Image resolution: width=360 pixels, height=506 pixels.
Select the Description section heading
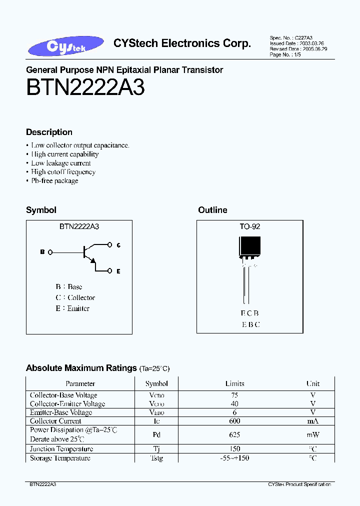click(49, 132)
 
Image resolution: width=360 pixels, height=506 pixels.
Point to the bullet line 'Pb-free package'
click(54, 181)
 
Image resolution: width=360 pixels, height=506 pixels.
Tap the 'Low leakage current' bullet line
click(61, 163)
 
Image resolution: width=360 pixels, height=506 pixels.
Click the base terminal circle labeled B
click(50, 252)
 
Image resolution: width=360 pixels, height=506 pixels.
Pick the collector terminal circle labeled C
click(110, 245)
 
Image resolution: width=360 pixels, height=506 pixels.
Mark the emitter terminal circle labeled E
click(110, 271)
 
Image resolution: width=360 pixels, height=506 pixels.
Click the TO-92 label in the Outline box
click(249, 226)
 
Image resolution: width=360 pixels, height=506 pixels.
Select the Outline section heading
click(212, 210)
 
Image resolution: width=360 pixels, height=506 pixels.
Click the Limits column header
click(234, 384)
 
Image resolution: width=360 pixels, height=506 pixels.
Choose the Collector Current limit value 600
click(234, 421)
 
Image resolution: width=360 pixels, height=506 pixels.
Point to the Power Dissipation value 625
click(234, 435)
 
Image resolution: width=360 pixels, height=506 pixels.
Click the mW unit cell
click(313, 435)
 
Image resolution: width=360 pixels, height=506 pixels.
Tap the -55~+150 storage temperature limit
click(234, 458)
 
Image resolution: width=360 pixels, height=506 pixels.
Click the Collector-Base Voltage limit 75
click(234, 395)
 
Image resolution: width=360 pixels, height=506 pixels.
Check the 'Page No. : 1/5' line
click(285, 55)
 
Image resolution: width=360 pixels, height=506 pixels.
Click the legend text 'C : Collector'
click(75, 298)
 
